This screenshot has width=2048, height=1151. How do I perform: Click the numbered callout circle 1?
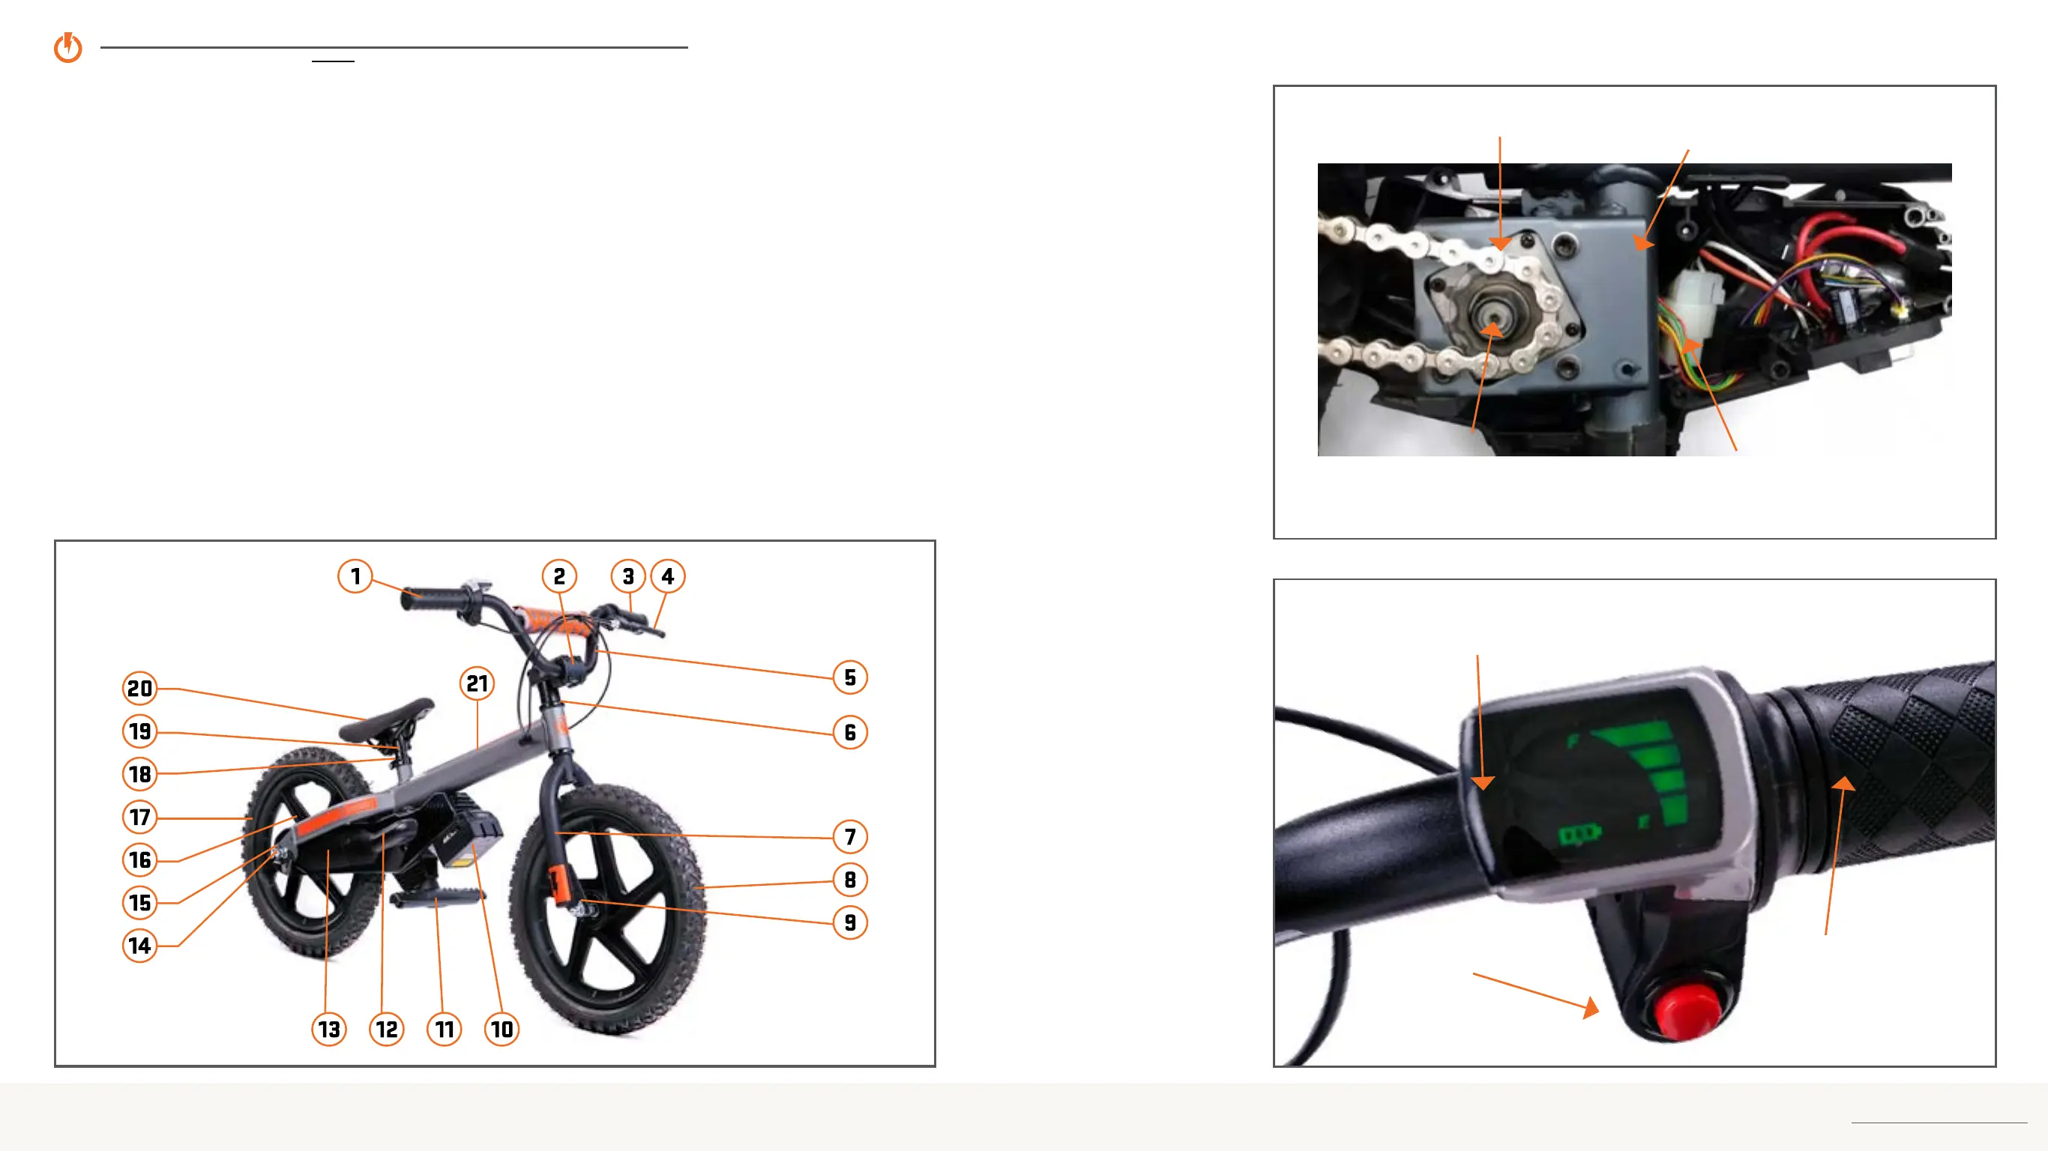(355, 576)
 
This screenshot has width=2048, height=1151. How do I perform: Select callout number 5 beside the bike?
(850, 678)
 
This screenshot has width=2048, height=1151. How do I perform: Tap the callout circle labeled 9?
(850, 923)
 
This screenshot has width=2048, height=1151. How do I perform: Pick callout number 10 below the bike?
(502, 1030)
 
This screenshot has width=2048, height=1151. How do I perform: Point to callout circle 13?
(328, 1030)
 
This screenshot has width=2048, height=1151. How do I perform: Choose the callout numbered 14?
(140, 946)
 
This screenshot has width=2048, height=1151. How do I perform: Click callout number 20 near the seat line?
(140, 689)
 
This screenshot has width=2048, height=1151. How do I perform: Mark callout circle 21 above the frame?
(477, 683)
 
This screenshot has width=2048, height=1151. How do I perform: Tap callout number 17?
(140, 817)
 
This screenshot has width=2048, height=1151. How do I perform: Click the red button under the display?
(1688, 1011)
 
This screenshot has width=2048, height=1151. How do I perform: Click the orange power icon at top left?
(68, 48)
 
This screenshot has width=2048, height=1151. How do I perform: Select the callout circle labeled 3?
(628, 576)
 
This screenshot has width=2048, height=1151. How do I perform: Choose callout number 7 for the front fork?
(850, 837)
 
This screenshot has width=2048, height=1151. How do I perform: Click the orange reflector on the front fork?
(559, 883)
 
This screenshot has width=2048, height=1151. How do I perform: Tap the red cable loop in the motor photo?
(1852, 231)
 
